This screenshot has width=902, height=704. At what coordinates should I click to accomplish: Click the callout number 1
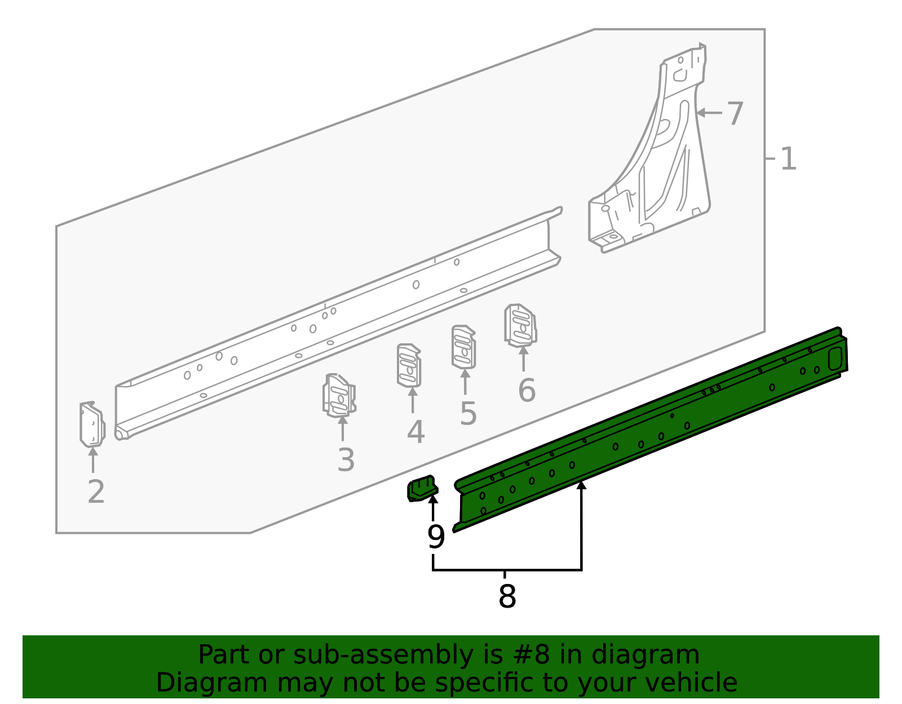point(788,159)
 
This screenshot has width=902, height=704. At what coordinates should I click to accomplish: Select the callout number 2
point(96,492)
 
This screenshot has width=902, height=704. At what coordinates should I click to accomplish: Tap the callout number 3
point(346,460)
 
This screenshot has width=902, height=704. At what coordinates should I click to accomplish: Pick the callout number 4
point(415,432)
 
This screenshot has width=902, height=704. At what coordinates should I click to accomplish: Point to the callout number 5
point(468,414)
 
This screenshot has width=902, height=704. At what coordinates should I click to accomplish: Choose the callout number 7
point(735,114)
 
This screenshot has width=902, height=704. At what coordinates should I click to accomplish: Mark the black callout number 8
point(507,596)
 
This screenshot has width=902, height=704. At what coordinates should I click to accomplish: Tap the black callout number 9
point(436,537)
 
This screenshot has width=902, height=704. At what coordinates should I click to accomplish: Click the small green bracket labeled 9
point(422,489)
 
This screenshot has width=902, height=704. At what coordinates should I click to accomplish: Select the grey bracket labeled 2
point(92,424)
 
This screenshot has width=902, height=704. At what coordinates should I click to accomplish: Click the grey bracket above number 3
point(339,396)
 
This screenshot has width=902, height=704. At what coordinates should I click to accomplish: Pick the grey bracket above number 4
point(409,366)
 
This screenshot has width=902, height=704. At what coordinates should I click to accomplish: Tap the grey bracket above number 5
point(463,347)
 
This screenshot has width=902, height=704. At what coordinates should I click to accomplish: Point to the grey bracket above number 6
point(520,325)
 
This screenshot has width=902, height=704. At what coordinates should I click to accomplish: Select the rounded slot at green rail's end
point(835,358)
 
